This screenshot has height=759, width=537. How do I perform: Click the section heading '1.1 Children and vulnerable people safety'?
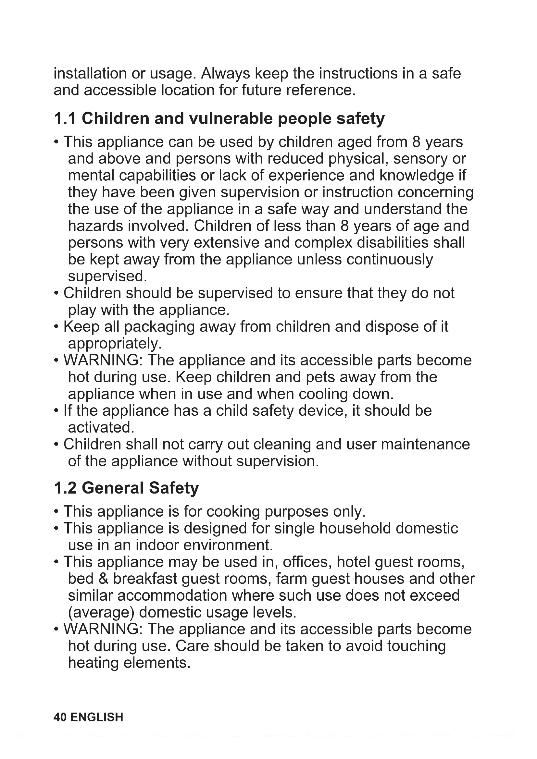tap(219, 119)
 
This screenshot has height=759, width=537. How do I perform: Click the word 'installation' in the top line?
tap(90, 73)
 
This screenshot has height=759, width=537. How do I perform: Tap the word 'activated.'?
tap(101, 428)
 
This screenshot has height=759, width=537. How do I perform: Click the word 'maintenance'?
tap(425, 445)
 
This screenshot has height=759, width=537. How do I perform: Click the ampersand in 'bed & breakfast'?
tap(103, 579)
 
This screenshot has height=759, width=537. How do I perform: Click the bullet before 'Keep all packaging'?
tap(56, 327)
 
